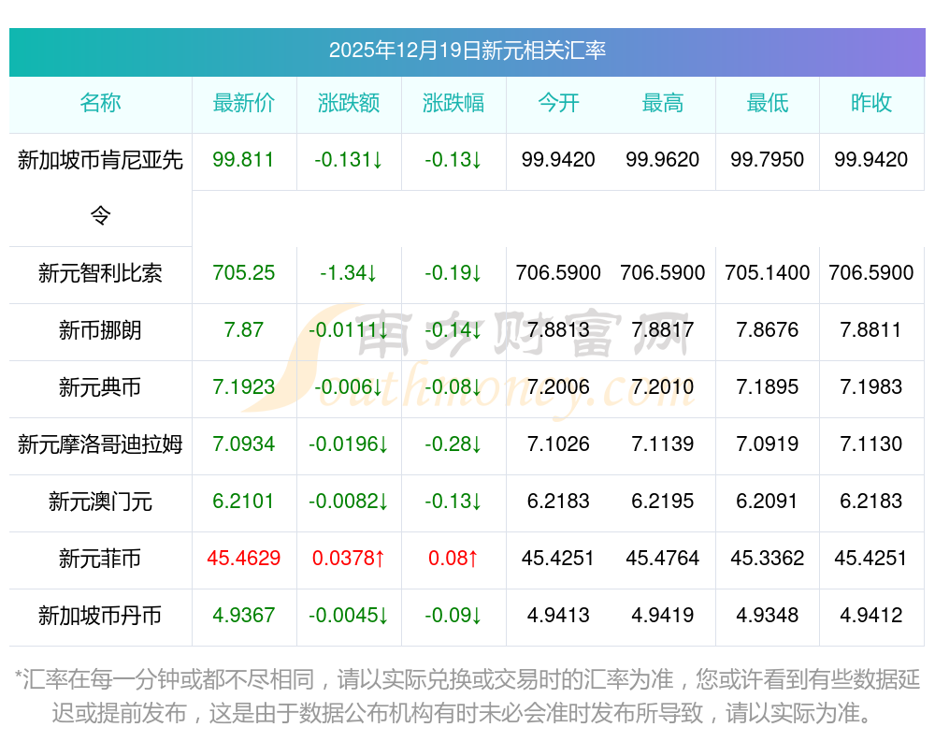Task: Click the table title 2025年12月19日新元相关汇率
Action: (467, 50)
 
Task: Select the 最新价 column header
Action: (244, 103)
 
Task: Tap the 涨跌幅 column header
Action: (453, 103)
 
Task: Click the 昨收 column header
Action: (871, 103)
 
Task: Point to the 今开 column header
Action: (558, 103)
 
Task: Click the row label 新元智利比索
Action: (100, 273)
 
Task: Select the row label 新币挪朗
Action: (100, 330)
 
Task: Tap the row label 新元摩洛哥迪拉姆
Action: (100, 444)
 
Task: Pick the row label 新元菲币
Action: (100, 559)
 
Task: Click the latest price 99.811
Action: (244, 160)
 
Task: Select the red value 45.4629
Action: (244, 559)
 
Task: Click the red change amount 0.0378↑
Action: (349, 559)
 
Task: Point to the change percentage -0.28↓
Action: (453, 444)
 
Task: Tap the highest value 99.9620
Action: (663, 160)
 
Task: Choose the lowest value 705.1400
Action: (768, 273)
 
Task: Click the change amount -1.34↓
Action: (349, 273)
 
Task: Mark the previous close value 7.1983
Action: (871, 387)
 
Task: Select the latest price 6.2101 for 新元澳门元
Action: (244, 502)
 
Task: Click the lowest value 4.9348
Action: (768, 616)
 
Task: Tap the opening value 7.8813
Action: (558, 330)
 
